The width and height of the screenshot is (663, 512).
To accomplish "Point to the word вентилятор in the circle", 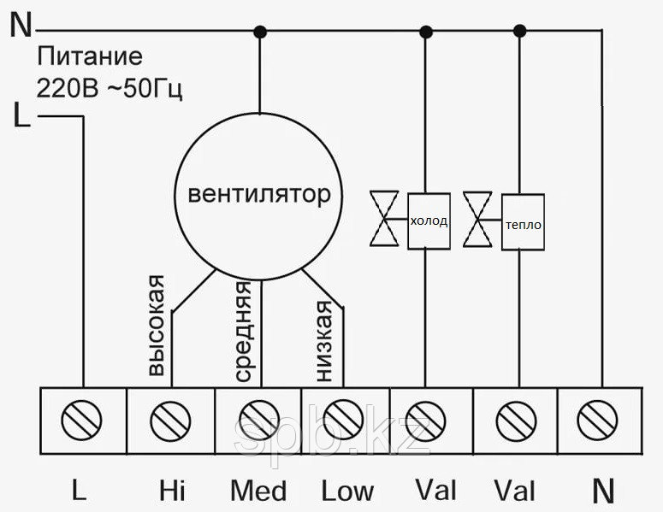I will (258, 195).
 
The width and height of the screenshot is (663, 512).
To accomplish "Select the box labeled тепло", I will (523, 223).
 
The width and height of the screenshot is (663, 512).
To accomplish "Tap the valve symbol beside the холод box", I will (388, 219).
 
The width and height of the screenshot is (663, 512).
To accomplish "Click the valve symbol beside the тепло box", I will (480, 219).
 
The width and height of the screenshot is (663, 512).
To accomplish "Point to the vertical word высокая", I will (157, 327).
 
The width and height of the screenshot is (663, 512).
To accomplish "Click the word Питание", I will (89, 58).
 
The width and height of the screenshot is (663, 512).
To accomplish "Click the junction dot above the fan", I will (259, 32).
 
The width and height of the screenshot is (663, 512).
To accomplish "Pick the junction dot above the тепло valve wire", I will (518, 32).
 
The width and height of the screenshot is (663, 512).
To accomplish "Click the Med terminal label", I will (258, 491).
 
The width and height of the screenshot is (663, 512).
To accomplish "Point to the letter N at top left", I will (20, 26).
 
